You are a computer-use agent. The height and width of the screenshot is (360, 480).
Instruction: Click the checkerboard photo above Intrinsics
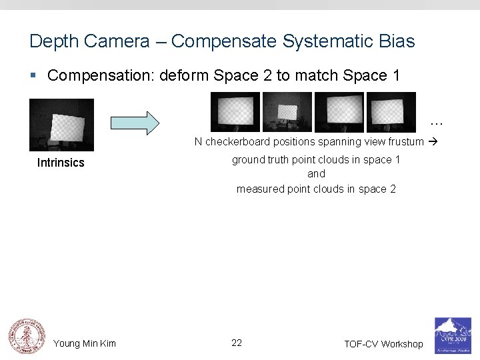62,125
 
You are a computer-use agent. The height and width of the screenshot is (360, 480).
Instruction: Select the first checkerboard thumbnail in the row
235,112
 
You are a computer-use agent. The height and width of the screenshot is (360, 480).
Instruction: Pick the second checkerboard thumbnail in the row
287,112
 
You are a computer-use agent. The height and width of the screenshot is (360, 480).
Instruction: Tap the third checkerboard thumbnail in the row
339,112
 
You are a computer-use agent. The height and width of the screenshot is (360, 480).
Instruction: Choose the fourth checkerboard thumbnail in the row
391,112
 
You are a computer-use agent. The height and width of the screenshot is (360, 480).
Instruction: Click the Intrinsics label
61,163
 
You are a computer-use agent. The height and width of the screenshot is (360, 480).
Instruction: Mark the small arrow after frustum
432,141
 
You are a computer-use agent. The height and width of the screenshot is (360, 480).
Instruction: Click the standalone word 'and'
316,174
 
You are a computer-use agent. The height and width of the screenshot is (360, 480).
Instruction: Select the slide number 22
237,343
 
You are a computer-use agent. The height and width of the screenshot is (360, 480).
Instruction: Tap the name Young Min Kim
85,343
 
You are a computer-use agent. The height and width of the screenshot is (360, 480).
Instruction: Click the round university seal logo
25,335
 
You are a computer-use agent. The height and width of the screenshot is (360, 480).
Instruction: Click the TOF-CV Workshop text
383,344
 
